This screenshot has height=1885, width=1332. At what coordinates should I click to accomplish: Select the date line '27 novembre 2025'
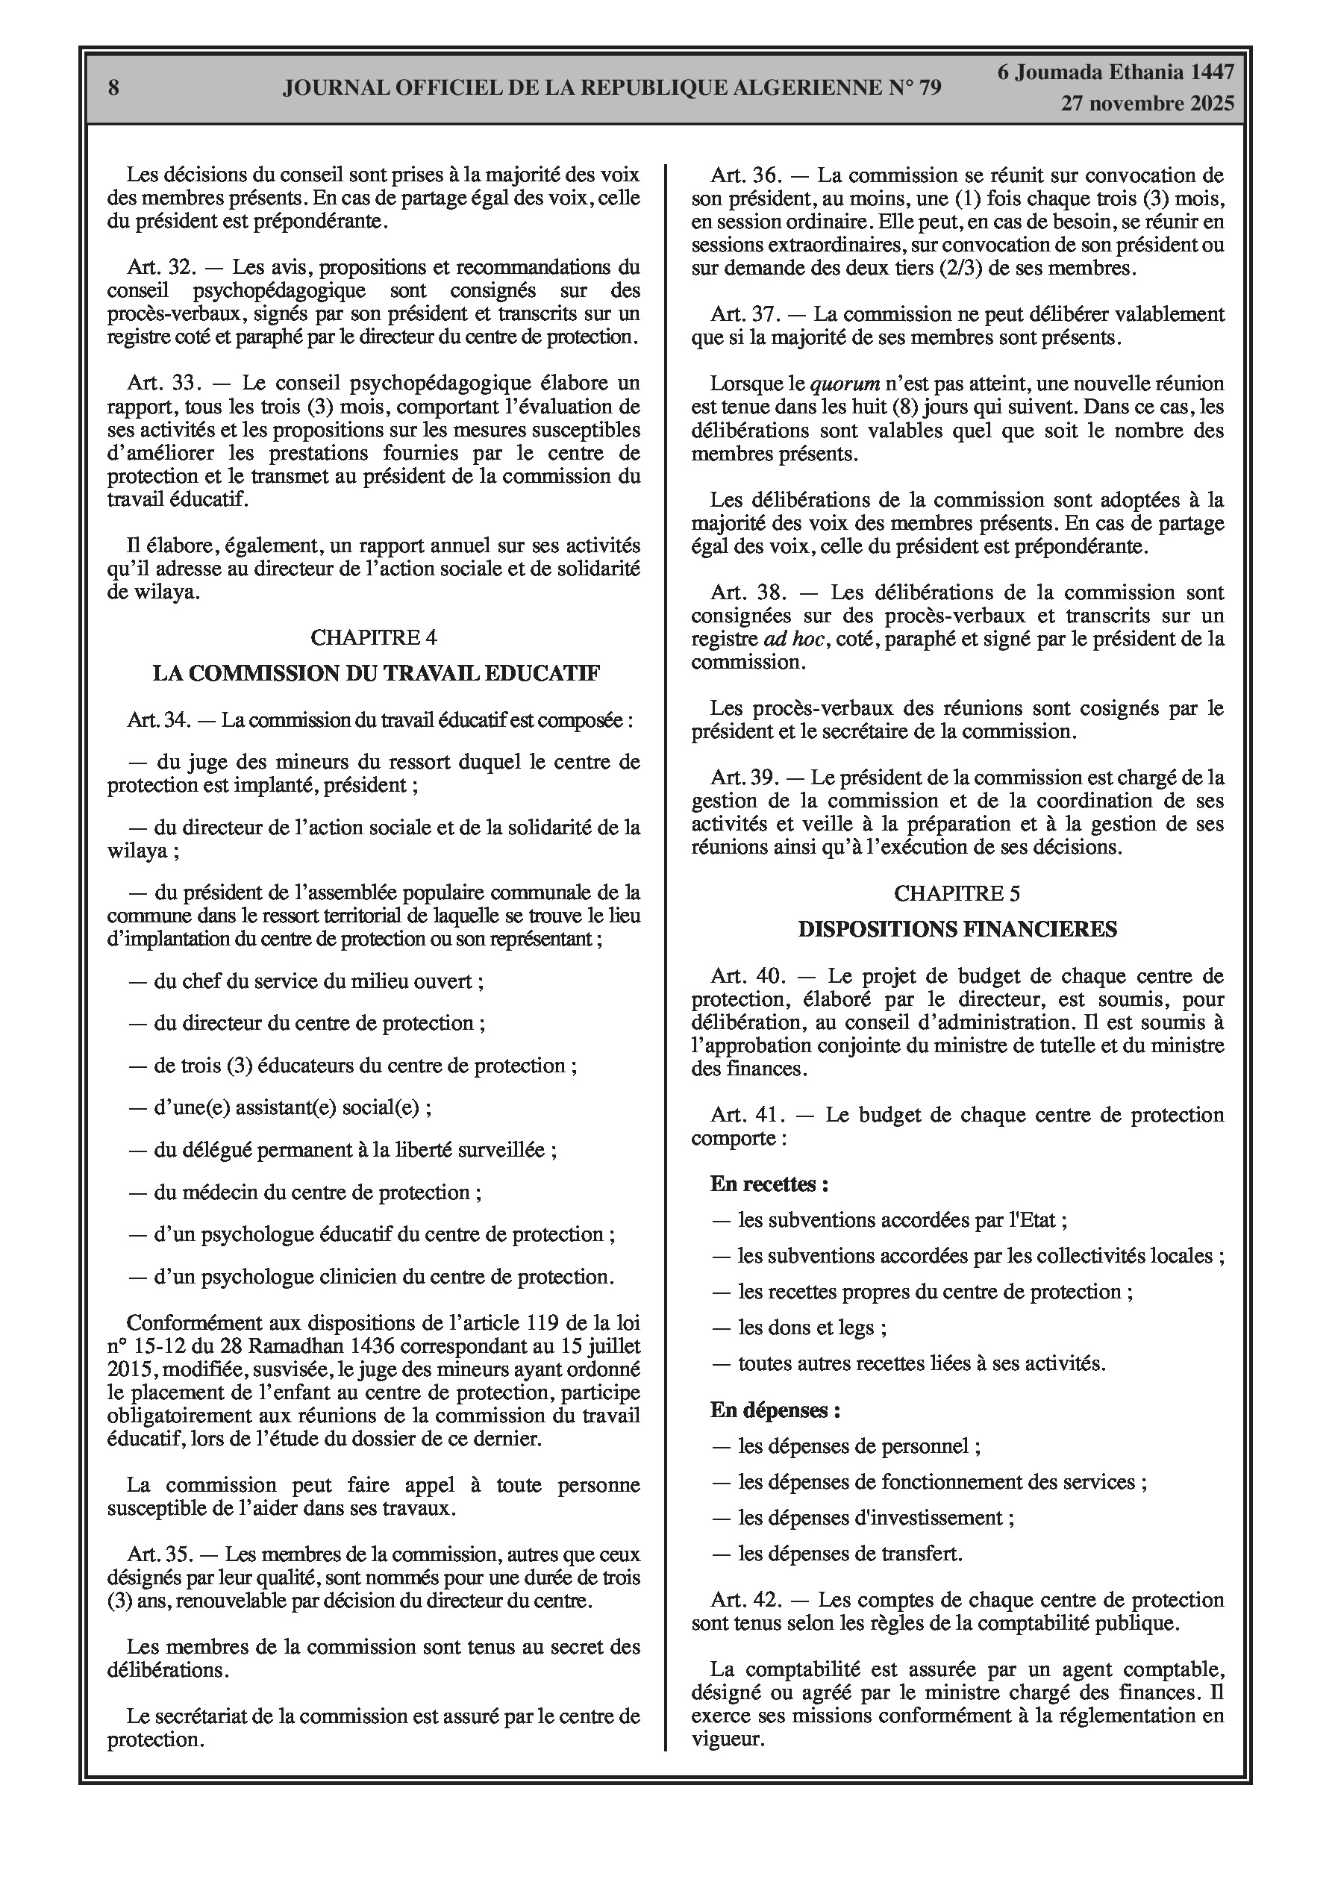click(1147, 104)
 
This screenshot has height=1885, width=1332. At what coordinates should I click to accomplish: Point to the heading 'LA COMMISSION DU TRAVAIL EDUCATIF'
click(376, 673)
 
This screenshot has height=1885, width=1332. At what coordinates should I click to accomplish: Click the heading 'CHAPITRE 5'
click(957, 893)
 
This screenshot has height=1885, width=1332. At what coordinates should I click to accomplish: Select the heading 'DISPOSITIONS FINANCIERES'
click(957, 929)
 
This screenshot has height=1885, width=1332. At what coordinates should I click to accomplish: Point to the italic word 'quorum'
click(845, 384)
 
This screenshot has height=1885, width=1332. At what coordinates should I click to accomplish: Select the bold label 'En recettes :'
click(769, 1184)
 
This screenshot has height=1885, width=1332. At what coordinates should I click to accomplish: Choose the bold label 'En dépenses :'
click(775, 1410)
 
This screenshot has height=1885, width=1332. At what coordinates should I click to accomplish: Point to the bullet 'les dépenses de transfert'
click(849, 1554)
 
